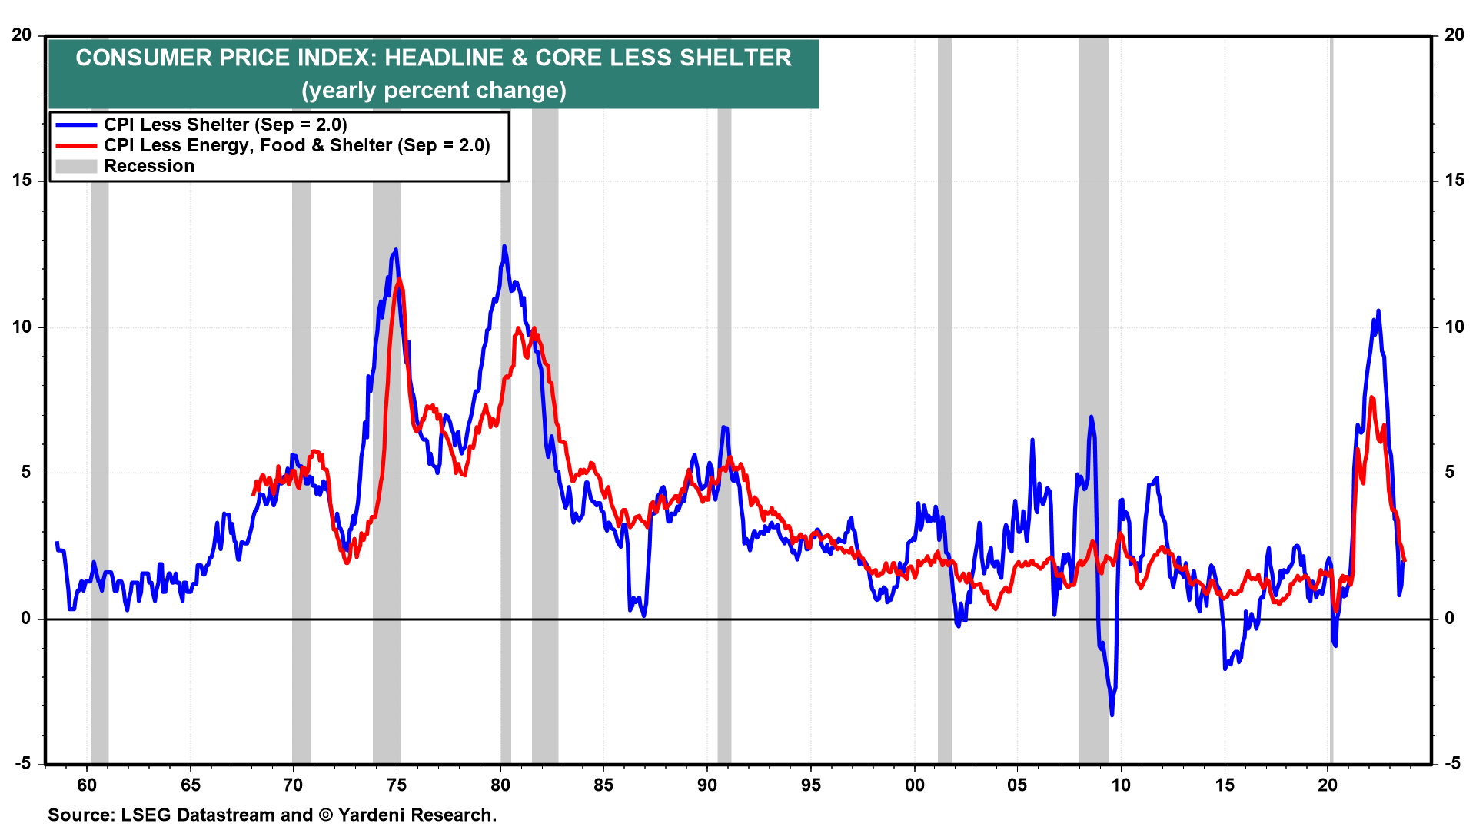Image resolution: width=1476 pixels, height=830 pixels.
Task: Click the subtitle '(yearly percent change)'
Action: [434, 91]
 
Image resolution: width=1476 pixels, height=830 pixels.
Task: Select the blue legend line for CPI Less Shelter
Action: [76, 124]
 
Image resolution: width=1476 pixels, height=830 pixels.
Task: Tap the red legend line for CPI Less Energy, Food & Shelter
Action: [76, 145]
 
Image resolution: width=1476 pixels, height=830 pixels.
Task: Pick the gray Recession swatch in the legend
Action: [76, 166]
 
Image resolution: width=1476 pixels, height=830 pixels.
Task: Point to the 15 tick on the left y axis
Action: [22, 180]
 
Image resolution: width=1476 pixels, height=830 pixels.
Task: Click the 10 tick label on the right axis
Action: [1454, 327]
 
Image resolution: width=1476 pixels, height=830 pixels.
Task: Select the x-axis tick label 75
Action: [397, 785]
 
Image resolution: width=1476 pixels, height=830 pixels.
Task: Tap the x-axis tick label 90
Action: [707, 785]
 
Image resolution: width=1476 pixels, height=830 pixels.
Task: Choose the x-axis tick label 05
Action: [1017, 785]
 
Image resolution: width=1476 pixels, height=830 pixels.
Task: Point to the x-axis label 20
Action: [1328, 785]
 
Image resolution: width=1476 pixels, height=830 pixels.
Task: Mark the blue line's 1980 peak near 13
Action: [504, 247]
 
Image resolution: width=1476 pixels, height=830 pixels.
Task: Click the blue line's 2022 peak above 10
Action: [1378, 311]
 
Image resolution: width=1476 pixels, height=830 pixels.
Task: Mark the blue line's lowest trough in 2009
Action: [1112, 715]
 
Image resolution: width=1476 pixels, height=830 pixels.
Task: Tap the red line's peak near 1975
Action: [399, 279]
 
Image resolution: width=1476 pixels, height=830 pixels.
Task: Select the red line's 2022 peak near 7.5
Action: [1372, 398]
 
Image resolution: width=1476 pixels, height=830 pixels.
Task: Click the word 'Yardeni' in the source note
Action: [372, 815]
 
